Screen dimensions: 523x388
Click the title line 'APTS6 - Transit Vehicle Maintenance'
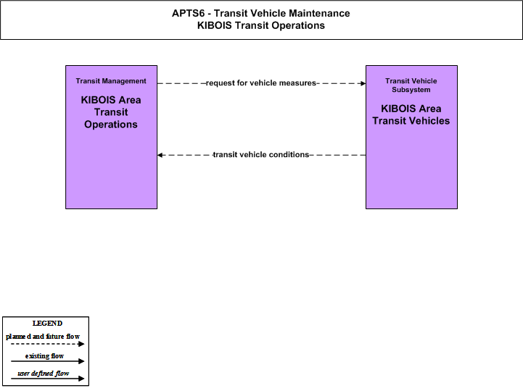point(261,13)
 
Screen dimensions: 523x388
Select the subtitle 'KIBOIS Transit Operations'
point(261,25)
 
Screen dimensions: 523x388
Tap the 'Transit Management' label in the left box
point(111,81)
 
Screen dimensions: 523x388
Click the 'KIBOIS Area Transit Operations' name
point(111,112)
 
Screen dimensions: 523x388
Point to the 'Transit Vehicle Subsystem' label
point(411,85)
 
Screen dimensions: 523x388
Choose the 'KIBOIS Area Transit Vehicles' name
point(411,115)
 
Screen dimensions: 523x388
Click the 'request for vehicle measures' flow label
point(261,83)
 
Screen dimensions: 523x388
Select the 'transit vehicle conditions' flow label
point(261,155)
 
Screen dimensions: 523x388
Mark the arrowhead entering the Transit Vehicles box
point(363,83)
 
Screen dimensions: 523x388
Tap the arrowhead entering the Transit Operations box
point(160,155)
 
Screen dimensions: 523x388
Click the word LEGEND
point(47,324)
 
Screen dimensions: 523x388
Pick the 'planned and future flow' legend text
point(43,337)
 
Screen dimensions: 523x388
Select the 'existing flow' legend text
point(44,356)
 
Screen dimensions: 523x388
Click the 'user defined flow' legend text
point(44,374)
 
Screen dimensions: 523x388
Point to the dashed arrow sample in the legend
point(47,344)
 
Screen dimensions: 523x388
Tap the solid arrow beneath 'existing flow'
point(47,361)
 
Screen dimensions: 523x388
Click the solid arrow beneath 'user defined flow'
point(47,379)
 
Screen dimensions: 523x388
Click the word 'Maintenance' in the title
point(319,13)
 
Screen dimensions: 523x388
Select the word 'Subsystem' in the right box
point(411,90)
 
